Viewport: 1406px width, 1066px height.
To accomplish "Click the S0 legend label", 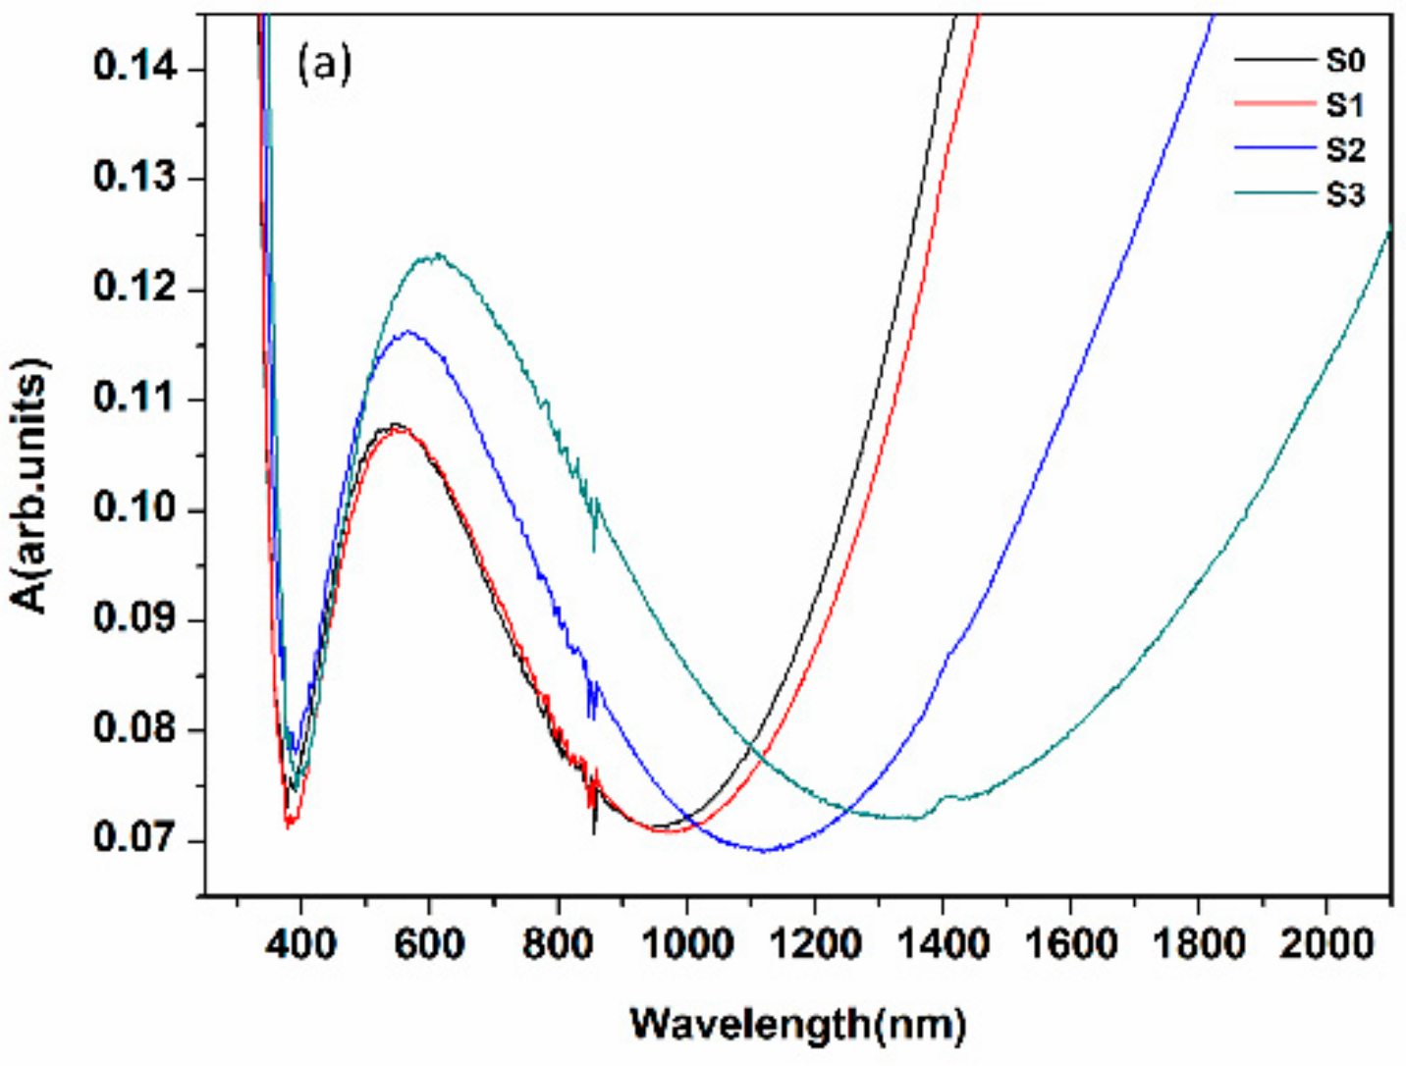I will (1344, 61).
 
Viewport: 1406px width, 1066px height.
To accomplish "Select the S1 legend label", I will (1344, 105).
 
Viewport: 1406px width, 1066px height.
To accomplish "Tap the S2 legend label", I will (1344, 150).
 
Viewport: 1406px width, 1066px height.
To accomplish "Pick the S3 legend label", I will (1344, 194).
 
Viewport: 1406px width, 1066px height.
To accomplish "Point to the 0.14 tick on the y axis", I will (135, 67).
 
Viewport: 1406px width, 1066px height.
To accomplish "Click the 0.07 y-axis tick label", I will (135, 839).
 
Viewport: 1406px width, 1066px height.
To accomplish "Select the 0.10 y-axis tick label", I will (135, 508).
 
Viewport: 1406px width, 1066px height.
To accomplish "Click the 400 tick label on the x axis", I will (300, 944).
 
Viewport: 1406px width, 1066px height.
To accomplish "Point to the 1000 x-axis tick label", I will (686, 944).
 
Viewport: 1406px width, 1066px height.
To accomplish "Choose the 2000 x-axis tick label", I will (1326, 944).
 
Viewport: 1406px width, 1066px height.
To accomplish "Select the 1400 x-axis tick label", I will (943, 944).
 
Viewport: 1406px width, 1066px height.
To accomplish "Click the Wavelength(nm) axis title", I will (797, 1024).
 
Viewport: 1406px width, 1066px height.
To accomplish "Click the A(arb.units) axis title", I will (31, 486).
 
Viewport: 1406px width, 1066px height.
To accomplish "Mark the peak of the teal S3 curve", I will (434, 255).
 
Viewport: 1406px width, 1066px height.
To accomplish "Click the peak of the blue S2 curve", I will (406, 332).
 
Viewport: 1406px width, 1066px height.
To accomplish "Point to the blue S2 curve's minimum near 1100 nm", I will (765, 850).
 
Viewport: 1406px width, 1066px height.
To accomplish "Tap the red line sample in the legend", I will (1273, 104).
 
